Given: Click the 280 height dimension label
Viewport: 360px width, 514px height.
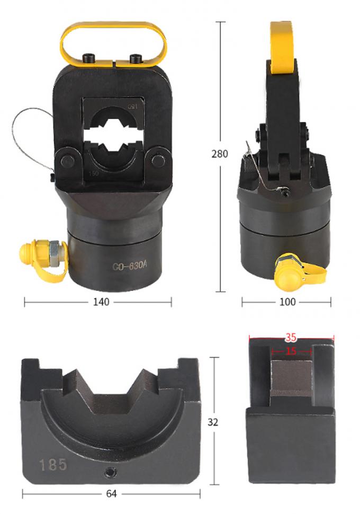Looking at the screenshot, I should (219, 154).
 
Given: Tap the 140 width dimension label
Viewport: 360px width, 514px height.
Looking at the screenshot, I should (101, 302).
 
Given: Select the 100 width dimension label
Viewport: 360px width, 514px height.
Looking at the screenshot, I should (287, 302).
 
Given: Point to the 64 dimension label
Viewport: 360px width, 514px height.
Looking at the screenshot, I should (111, 494).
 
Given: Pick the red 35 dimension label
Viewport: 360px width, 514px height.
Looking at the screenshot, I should (291, 336).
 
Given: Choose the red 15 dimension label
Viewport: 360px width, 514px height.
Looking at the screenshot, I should (291, 351).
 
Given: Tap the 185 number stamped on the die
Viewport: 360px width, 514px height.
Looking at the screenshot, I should (53, 465).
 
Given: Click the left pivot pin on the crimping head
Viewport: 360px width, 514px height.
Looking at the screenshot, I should (67, 160).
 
